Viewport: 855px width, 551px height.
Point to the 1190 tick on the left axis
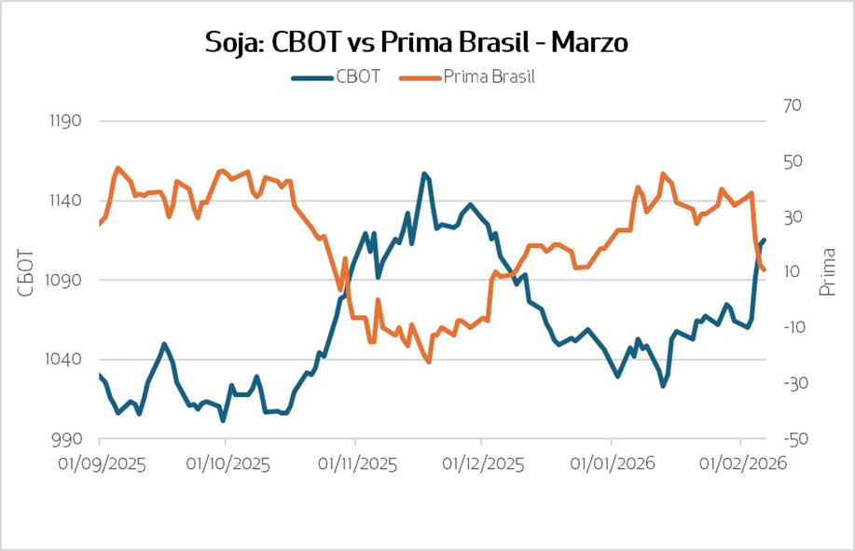[x=63, y=121]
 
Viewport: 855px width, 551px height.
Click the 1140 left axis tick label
[x=63, y=200]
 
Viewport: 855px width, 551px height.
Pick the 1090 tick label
[x=63, y=280]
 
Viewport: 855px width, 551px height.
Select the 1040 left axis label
[x=63, y=360]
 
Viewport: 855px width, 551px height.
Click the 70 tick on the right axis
[x=792, y=106]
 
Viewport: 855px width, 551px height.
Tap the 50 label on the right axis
[x=792, y=162]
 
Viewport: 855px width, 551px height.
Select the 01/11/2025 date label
[x=356, y=463]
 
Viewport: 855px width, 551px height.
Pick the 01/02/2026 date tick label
[x=741, y=463]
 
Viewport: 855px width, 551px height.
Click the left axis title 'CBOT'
[x=25, y=273]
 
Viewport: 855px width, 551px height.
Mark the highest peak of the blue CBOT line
[x=424, y=173]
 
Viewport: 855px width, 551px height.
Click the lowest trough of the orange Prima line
[x=428, y=362]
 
